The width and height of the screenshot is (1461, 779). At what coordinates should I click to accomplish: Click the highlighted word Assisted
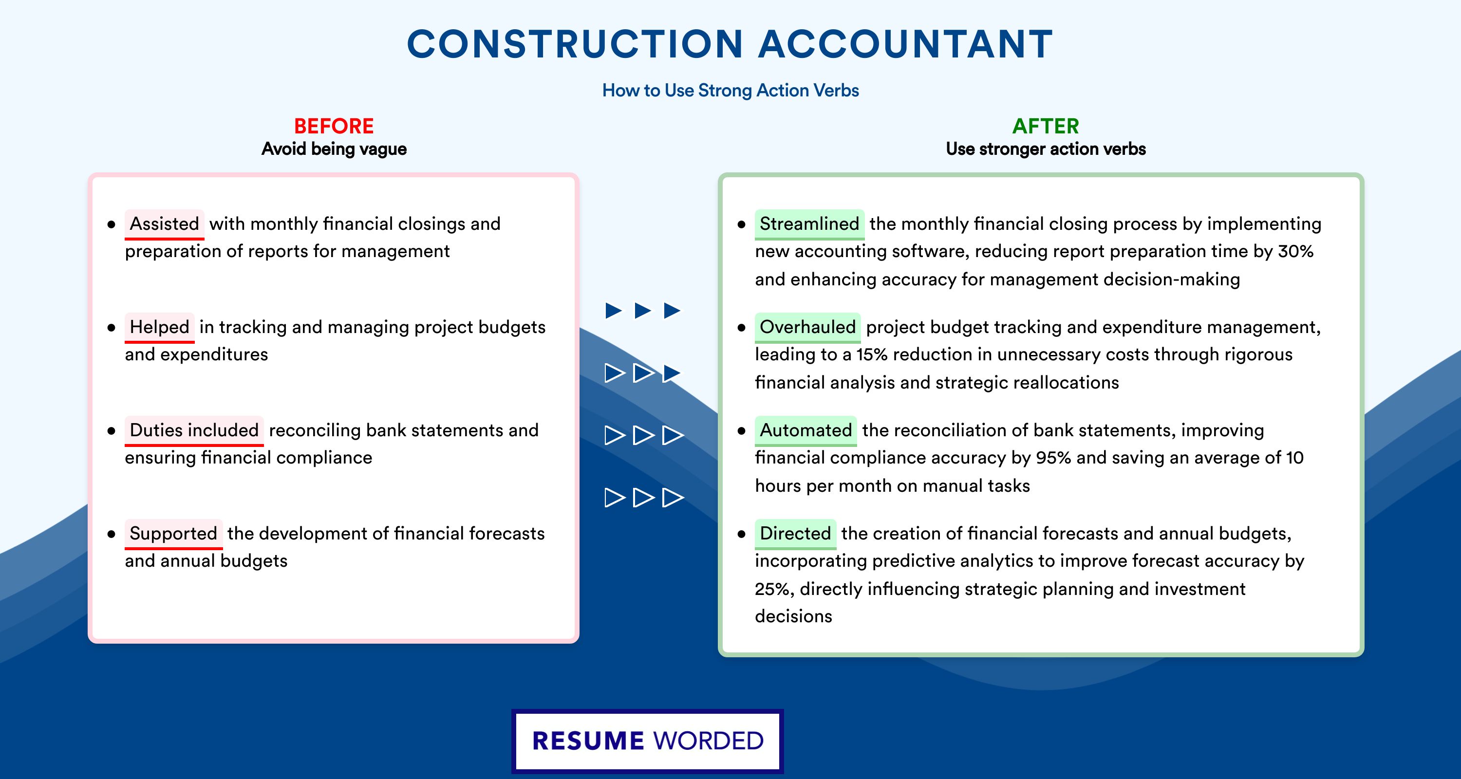(165, 224)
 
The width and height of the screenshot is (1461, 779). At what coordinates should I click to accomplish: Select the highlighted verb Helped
(159, 327)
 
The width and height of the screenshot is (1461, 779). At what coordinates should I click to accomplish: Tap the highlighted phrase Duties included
(194, 430)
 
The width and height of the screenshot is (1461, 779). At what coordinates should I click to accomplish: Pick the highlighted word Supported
(173, 534)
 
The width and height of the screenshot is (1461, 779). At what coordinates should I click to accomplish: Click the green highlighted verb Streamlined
(809, 224)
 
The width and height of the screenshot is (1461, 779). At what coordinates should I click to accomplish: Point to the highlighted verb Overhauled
(807, 327)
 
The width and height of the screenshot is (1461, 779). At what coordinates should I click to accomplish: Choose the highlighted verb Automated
(805, 430)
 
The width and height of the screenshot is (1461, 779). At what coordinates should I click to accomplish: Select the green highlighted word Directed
(795, 534)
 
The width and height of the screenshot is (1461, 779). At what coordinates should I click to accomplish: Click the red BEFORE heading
(334, 126)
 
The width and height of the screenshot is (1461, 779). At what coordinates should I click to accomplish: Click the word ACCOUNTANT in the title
(906, 44)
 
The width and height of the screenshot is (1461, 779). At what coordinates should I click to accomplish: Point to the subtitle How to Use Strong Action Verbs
(730, 90)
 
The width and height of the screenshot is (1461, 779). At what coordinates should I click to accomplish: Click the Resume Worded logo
(648, 741)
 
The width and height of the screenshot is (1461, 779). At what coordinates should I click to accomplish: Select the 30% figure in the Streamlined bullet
(1295, 251)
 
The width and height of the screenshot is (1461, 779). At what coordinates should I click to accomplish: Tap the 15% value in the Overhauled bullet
(872, 354)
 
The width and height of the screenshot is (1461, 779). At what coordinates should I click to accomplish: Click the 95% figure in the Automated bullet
(1053, 458)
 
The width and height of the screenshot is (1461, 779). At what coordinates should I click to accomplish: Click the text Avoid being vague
(334, 149)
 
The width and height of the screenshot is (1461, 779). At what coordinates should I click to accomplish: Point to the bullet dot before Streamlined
(741, 224)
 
